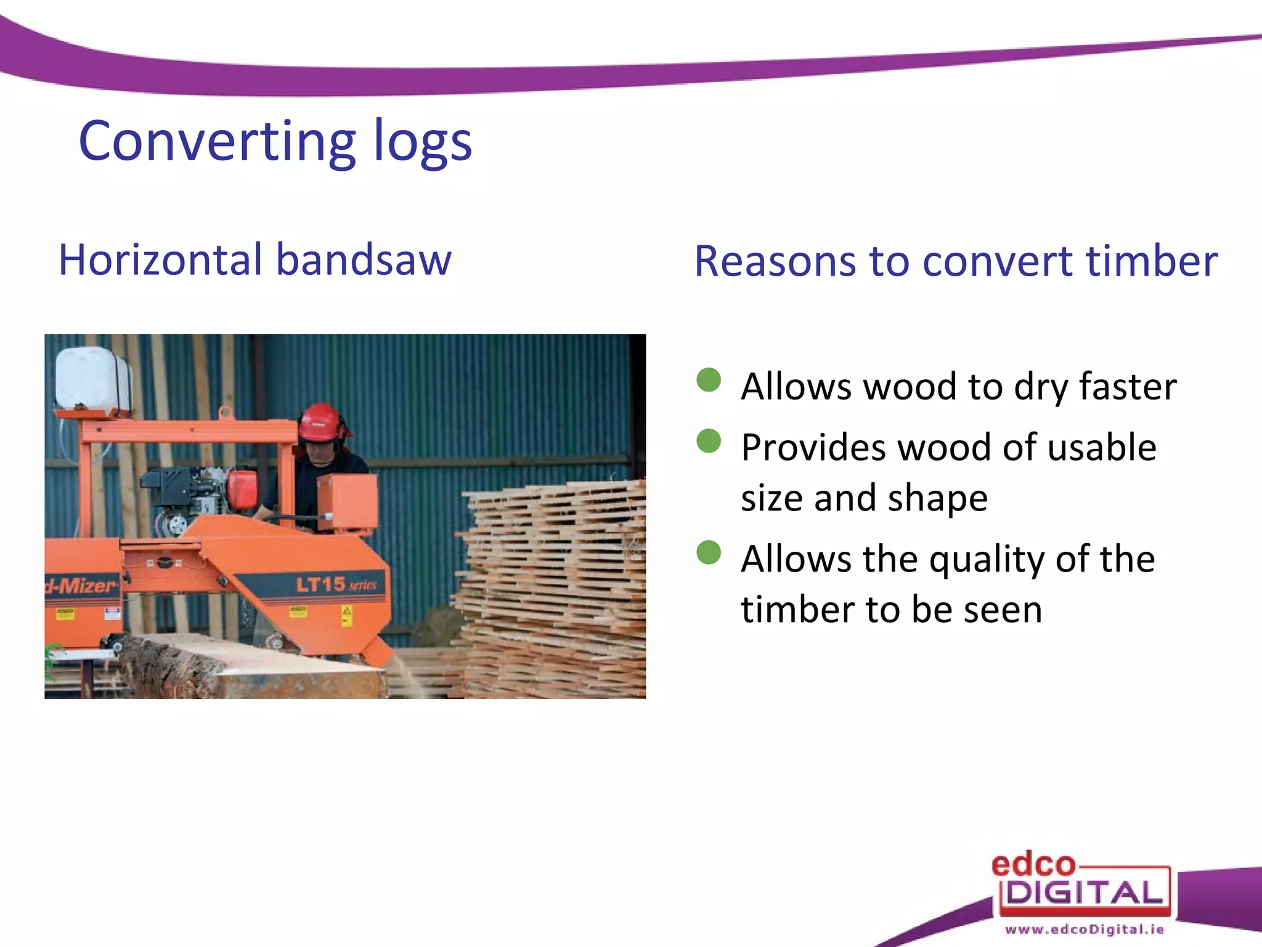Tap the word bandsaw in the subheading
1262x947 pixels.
point(364,260)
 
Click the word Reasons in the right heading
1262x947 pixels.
point(775,261)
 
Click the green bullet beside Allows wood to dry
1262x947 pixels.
point(709,380)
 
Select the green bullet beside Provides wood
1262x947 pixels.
point(709,441)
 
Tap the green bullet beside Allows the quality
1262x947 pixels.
point(709,552)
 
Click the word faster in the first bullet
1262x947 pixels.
point(1127,387)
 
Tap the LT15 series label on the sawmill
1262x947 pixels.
point(336,584)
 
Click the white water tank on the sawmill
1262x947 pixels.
point(92,379)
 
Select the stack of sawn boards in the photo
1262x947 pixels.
point(555,586)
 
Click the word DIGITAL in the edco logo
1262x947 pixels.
point(1085,893)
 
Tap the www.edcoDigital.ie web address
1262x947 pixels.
point(1085,929)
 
